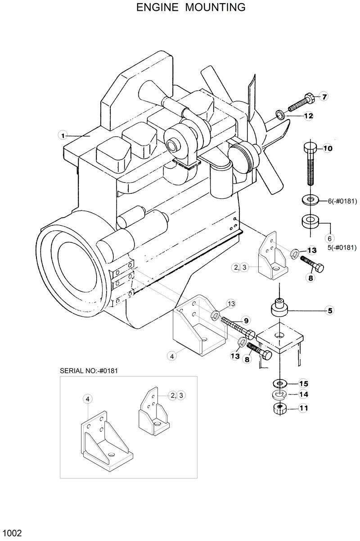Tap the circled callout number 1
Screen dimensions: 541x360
click(x=63, y=135)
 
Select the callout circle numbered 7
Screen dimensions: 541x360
click(x=324, y=96)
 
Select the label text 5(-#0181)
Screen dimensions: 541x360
click(x=342, y=247)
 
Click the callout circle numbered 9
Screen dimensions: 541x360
click(x=246, y=321)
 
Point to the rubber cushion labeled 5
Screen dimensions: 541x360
click(x=279, y=308)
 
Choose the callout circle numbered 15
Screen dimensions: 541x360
click(x=303, y=384)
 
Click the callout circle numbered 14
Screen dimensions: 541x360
click(x=303, y=394)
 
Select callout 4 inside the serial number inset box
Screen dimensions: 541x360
click(x=88, y=399)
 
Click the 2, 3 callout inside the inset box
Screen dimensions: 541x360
click(x=177, y=395)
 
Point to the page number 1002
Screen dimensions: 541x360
click(x=11, y=533)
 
